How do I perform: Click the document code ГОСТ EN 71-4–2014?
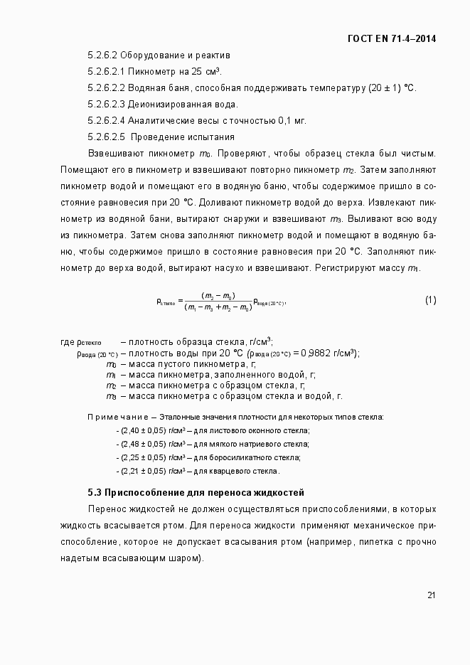coord(392,38)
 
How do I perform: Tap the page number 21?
coord(431,595)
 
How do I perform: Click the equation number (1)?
coord(430,300)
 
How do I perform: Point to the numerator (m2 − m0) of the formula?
coord(218,295)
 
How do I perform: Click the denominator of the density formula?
coord(217,307)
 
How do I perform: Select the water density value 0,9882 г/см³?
coord(328,353)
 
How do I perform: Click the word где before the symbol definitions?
coord(68,342)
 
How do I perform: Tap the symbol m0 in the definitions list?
coord(111,364)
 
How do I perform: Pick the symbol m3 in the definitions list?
coord(111,396)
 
